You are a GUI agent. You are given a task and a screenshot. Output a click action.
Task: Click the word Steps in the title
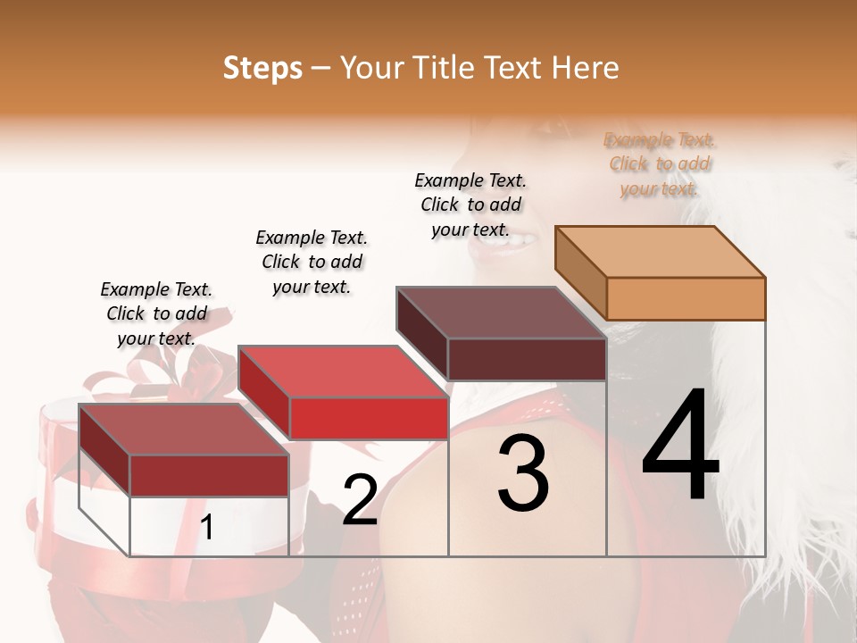click(262, 68)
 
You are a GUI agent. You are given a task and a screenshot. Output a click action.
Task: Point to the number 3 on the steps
click(523, 473)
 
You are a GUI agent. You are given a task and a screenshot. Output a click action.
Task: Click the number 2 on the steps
click(360, 500)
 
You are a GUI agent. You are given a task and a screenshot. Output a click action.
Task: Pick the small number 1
click(207, 528)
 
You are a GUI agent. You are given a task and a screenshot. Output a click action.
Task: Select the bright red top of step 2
click(343, 372)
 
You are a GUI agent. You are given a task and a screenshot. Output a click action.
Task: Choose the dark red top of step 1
click(184, 430)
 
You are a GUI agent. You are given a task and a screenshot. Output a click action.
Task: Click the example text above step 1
click(156, 314)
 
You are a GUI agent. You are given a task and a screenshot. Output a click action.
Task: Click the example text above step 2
click(312, 262)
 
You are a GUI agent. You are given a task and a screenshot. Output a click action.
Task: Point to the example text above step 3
click(470, 205)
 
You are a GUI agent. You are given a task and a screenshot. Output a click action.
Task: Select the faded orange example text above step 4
click(660, 164)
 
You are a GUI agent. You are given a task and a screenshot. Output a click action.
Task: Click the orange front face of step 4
click(686, 298)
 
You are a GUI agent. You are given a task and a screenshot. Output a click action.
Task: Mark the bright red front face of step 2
click(369, 418)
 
